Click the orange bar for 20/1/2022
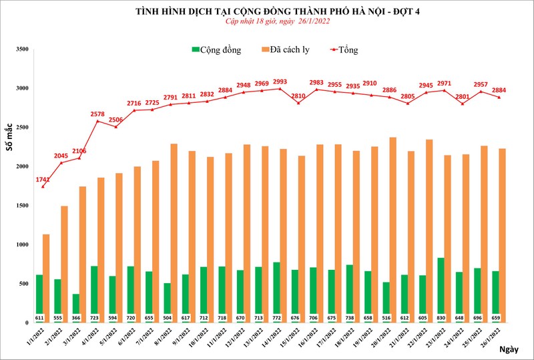(x=392, y=230)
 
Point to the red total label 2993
(x=279, y=81)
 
